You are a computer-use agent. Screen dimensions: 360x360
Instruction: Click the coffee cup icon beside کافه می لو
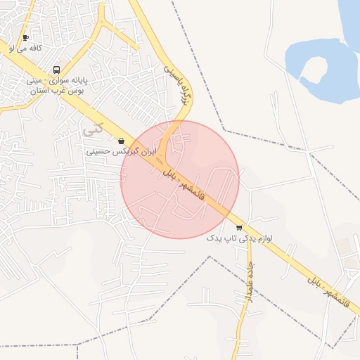pos(26,38)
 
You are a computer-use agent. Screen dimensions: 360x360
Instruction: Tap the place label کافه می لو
pos(25,49)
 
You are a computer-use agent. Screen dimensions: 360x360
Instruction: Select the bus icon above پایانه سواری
pos(56,70)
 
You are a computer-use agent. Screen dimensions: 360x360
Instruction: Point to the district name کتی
pos(91,131)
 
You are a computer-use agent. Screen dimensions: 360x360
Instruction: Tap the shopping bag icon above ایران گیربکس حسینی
pos(122,141)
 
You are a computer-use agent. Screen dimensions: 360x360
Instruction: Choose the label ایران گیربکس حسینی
pos(121,151)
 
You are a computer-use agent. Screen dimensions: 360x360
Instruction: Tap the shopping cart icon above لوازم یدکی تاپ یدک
pos(239,227)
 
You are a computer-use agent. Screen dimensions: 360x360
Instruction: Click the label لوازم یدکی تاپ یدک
pos(239,238)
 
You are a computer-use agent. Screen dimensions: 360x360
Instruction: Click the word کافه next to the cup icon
pos(35,49)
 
